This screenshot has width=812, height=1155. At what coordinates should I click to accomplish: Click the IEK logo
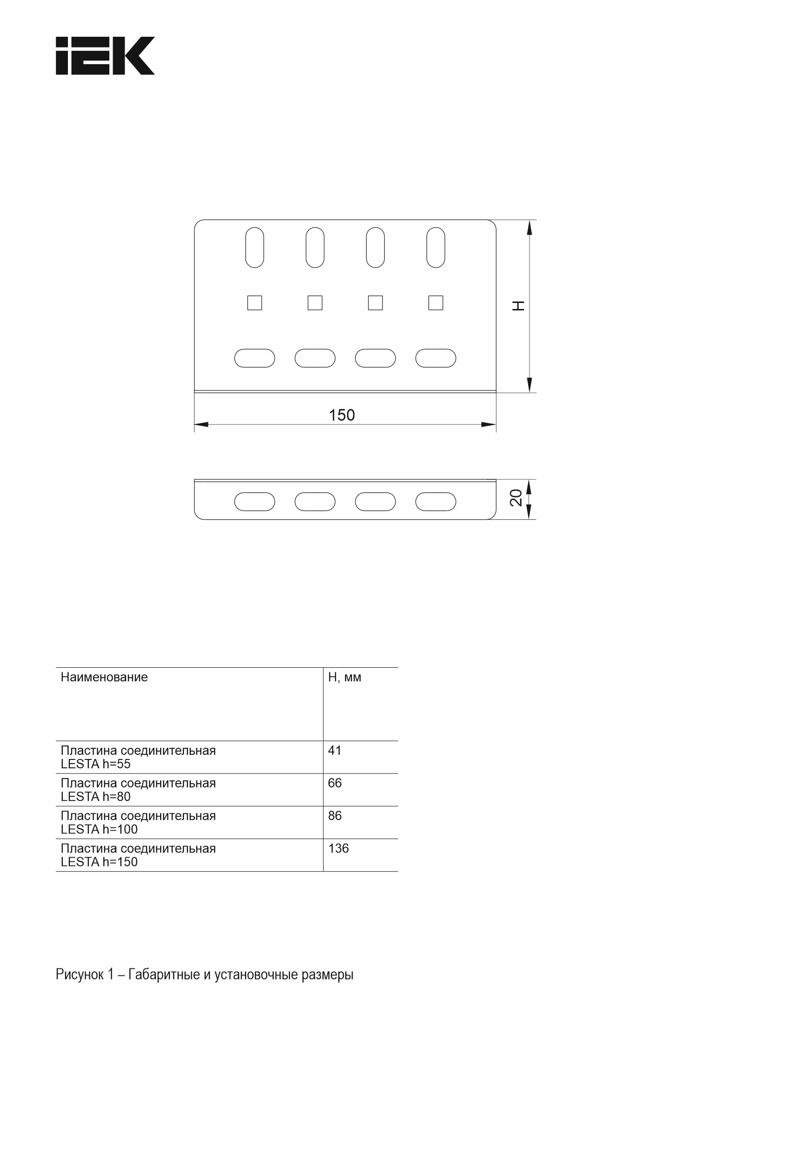(x=105, y=56)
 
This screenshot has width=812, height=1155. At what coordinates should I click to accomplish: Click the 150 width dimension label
(x=342, y=415)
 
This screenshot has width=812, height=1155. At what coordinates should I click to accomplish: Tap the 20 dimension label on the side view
(x=516, y=497)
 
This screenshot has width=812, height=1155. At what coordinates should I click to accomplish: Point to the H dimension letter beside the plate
(x=518, y=305)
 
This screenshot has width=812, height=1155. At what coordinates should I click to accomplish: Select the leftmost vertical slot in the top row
(x=255, y=248)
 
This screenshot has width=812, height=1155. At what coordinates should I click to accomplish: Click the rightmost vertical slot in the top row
(x=436, y=248)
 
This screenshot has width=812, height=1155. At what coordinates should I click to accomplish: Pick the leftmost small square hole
(x=255, y=303)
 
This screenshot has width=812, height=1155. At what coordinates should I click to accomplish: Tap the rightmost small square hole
(x=436, y=303)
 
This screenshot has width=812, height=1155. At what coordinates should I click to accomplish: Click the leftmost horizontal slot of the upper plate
(x=255, y=358)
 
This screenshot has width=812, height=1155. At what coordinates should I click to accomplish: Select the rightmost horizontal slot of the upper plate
(x=436, y=358)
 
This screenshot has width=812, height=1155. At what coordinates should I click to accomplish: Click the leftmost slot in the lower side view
(x=255, y=502)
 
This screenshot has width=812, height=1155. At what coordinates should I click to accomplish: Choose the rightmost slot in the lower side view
(x=436, y=502)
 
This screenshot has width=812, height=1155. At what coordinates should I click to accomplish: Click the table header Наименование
(x=104, y=678)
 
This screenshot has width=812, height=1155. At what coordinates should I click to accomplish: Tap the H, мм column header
(x=345, y=678)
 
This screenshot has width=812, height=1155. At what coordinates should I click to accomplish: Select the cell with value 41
(x=335, y=751)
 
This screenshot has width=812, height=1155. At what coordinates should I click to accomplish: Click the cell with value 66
(x=335, y=783)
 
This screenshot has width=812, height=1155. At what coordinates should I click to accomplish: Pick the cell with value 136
(x=338, y=849)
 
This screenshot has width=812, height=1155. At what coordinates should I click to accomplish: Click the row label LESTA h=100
(x=99, y=830)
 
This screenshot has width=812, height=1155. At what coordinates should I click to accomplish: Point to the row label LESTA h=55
(x=95, y=764)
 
